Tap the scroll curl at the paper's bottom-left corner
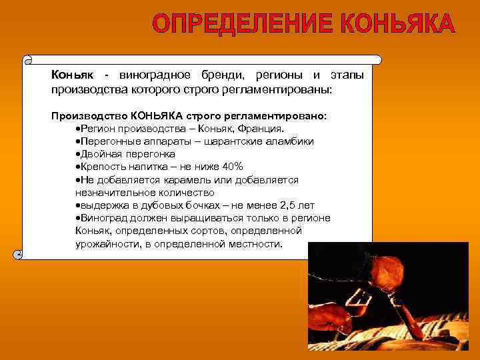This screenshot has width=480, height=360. pyautogui.click(x=19, y=254)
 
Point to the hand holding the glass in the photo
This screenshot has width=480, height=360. pyautogui.click(x=328, y=317)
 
